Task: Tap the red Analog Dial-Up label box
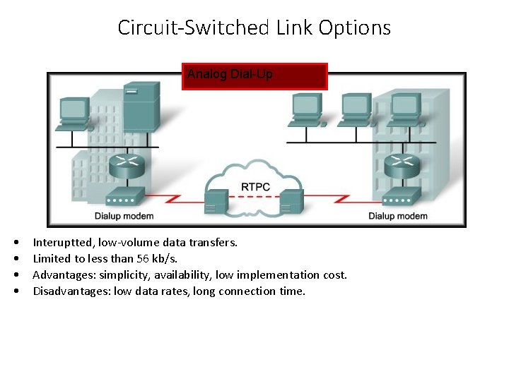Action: click(255, 76)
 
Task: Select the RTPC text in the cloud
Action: click(255, 186)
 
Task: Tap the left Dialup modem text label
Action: click(124, 216)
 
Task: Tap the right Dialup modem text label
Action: click(398, 216)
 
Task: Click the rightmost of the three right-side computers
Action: click(405, 109)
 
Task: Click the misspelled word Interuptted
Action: click(63, 242)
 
